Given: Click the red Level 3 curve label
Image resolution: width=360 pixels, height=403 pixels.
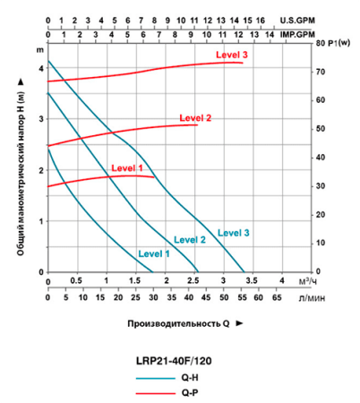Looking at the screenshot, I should tap(232, 56).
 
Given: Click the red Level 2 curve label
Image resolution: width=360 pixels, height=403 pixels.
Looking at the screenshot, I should tap(195, 117).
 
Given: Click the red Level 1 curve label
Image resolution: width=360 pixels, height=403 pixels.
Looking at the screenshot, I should tap(127, 167).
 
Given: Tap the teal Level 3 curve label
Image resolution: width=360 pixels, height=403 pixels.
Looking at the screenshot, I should tap(234, 233).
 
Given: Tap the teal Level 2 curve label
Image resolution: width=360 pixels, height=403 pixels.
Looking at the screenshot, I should tap(190, 239).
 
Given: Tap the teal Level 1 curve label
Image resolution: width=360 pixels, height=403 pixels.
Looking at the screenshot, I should tap(154, 253).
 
